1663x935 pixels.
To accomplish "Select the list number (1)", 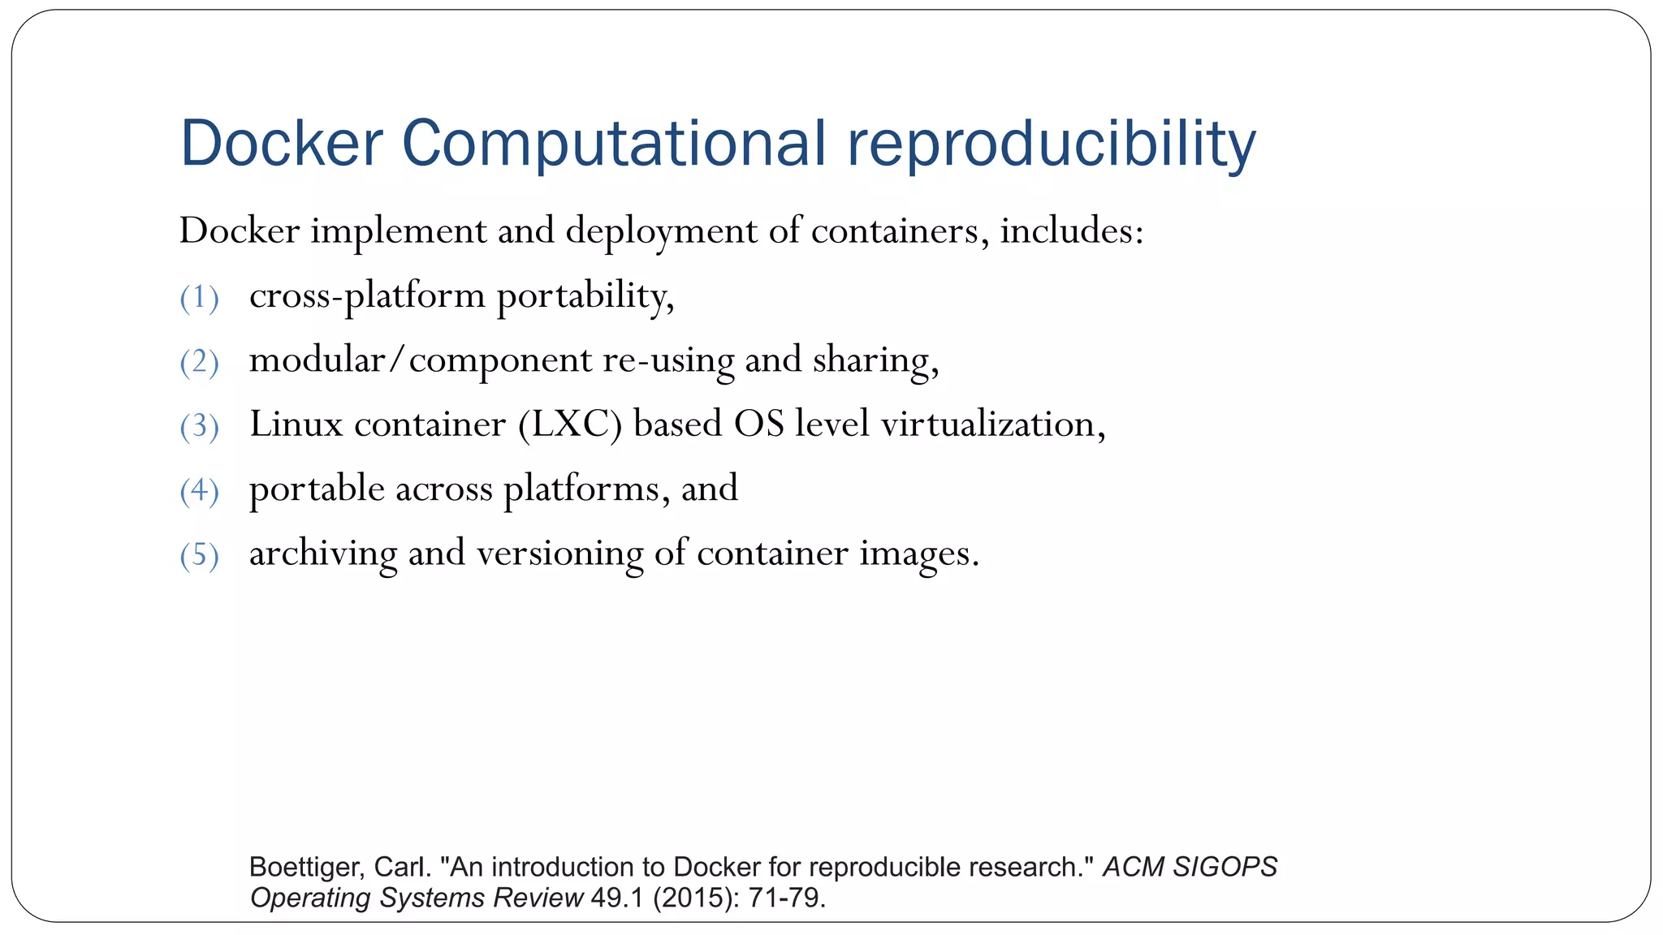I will [199, 298].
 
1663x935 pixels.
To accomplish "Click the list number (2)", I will [199, 362].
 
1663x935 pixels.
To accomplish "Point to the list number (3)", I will [199, 426].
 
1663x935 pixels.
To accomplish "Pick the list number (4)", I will [199, 491].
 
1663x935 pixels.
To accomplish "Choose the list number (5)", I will [199, 555].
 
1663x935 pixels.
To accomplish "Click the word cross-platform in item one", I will [367, 296].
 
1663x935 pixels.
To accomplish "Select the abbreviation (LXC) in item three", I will [570, 424].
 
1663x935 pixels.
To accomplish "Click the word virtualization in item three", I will [992, 424].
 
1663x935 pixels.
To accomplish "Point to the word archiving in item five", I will [323, 554].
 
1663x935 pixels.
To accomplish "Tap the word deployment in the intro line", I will [661, 232].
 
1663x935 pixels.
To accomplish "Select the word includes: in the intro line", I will [1072, 231].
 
